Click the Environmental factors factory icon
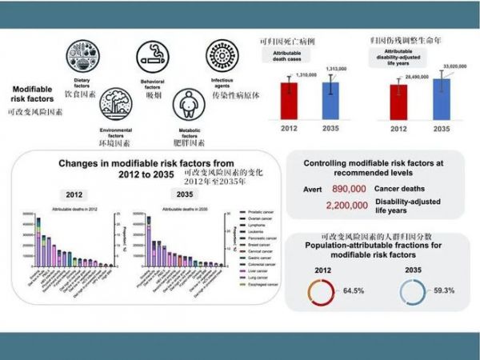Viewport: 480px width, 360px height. (x=115, y=109)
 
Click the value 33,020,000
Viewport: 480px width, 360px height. (x=447, y=67)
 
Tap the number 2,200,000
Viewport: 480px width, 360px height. (x=347, y=205)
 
